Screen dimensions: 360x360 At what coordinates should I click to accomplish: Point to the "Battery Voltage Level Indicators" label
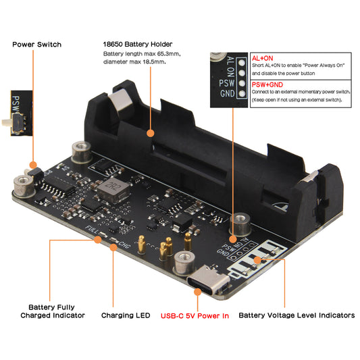click(x=297, y=315)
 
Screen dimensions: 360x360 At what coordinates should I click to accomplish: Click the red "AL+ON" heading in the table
click(x=263, y=59)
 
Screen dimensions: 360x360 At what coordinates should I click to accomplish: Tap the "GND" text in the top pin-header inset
click(x=228, y=93)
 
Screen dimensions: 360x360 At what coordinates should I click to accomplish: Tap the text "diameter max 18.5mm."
click(x=134, y=61)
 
